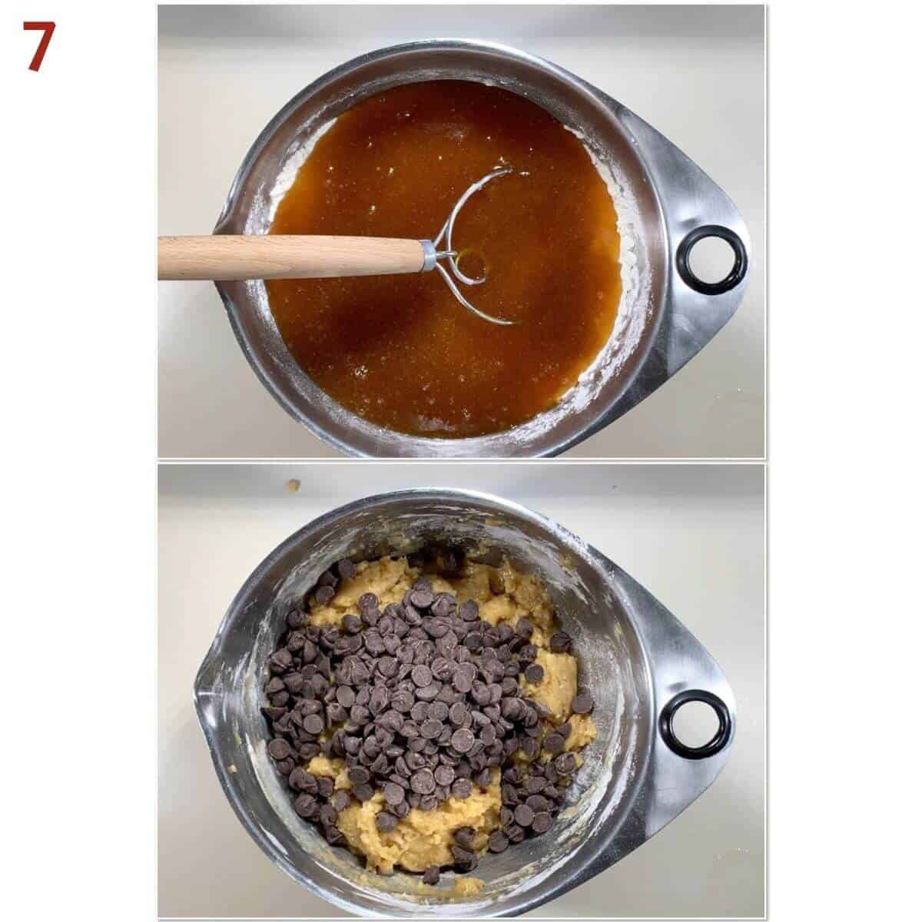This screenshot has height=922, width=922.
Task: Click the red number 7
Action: point(39,46)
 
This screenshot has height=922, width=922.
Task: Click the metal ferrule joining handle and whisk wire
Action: point(429,256)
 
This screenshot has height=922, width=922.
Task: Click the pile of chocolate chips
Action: point(421,689)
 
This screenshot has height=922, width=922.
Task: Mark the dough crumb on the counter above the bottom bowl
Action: point(294,485)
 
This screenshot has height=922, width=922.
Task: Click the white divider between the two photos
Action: point(461,461)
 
